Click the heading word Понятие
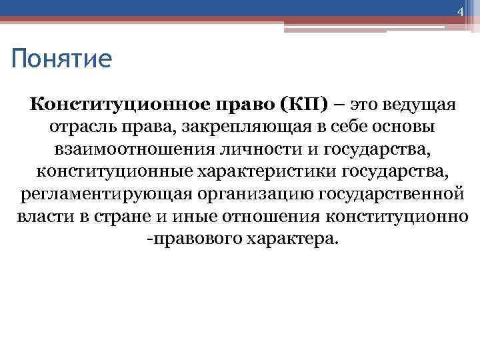tap(61, 60)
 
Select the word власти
tap(37, 217)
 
